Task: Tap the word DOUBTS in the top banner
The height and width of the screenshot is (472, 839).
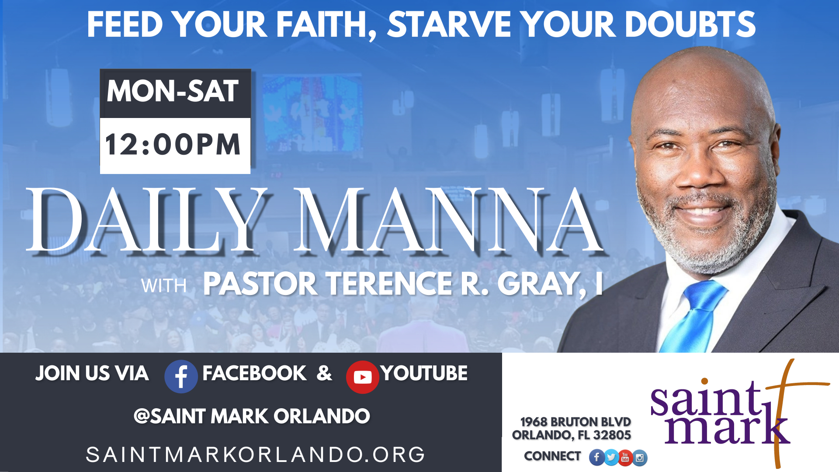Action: [x=690, y=24]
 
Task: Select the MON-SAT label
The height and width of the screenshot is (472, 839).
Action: [x=173, y=91]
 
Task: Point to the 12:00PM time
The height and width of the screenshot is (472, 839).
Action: [x=173, y=145]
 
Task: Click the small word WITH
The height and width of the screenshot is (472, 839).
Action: [x=164, y=286]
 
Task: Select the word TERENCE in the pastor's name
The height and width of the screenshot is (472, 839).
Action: [x=390, y=284]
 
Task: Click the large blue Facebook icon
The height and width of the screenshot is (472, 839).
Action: [x=181, y=376]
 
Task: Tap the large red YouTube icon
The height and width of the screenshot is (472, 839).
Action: [x=363, y=377]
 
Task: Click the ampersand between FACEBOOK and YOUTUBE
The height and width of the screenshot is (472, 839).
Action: [x=324, y=373]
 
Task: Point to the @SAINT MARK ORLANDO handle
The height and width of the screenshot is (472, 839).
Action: [x=252, y=416]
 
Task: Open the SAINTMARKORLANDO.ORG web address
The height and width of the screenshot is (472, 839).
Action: [x=255, y=455]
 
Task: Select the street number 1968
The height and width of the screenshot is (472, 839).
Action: [x=534, y=422]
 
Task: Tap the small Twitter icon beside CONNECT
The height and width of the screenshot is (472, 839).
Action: [x=611, y=458]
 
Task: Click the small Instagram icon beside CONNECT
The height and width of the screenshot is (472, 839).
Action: [x=640, y=458]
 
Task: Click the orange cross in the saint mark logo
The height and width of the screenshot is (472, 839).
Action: [x=782, y=411]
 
